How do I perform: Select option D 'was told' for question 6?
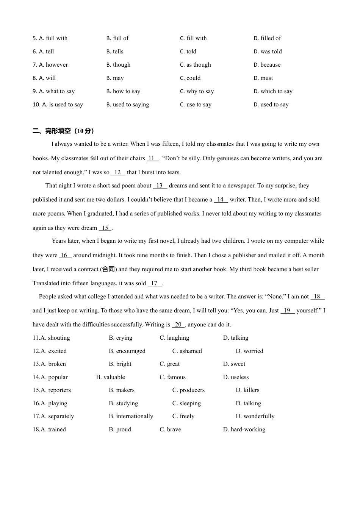pos(268,52)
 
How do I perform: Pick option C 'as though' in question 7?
pos(195,65)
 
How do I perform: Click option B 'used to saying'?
pos(128,105)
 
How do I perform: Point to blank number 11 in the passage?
pos(153,158)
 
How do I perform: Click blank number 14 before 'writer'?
pos(221,200)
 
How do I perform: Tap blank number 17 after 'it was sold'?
pos(155,283)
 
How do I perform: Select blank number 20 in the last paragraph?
pos(178,325)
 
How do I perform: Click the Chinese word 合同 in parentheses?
pos(109,269)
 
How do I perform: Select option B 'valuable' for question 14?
pos(110,377)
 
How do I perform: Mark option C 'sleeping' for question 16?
pos(186,403)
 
